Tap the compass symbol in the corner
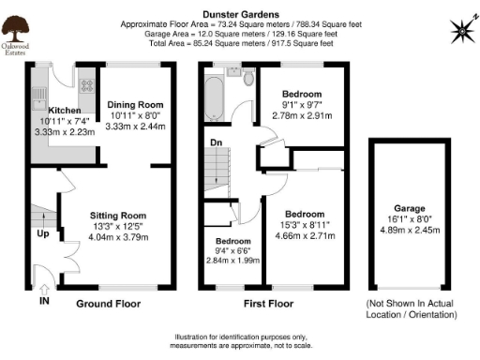tap(463, 30)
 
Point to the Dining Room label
tap(135, 105)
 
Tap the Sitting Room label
tap(117, 214)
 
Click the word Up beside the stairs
tap(43, 234)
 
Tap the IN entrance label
tap(44, 303)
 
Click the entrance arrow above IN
tap(44, 287)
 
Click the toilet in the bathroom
tap(247, 80)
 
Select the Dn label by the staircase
tap(215, 142)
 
